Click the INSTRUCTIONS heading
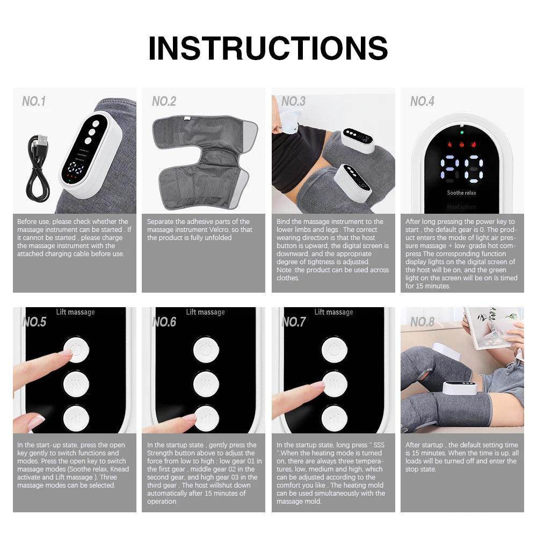(x=268, y=48)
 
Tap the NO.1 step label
(x=34, y=101)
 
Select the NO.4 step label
(x=422, y=101)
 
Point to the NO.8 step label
(x=422, y=322)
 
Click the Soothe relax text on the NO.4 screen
(x=461, y=193)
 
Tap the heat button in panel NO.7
(x=333, y=383)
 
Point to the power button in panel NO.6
(x=205, y=350)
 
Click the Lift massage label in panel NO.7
(x=333, y=312)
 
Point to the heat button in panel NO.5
(x=76, y=383)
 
